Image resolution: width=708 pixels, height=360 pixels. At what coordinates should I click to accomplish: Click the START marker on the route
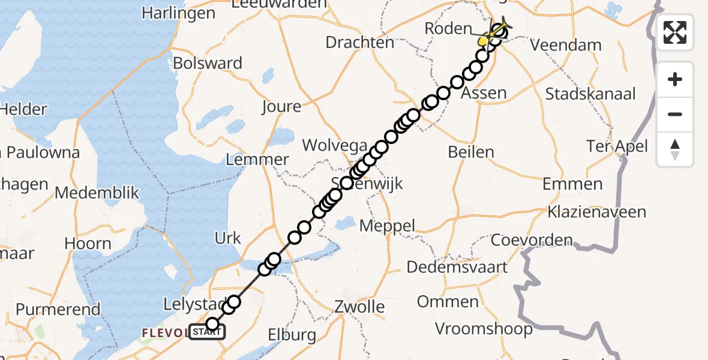coord(207,331)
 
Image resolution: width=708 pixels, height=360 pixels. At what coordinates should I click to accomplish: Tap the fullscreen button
coord(675,32)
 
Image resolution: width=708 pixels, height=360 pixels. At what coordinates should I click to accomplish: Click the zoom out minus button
coord(675,114)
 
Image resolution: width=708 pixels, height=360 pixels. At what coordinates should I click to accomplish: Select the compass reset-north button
coord(675,149)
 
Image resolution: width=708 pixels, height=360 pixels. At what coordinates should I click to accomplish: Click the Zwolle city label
coord(359,307)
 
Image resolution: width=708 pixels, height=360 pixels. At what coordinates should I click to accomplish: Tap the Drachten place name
coord(360,43)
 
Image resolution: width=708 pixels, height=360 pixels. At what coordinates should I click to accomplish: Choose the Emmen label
coord(572,184)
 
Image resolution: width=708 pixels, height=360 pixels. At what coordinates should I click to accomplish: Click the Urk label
coord(228,238)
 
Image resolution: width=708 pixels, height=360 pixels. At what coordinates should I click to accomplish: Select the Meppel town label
coord(387,226)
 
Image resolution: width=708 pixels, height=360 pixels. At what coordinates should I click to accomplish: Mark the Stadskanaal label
coord(590,94)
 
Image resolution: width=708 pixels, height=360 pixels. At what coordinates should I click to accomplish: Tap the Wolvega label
coord(334,145)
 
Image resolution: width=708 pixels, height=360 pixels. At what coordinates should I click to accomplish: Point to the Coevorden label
coord(532,241)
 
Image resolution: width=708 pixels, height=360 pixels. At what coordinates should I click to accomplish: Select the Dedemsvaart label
coord(458,267)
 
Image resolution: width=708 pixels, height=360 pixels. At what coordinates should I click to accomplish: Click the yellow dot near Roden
coord(482,41)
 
